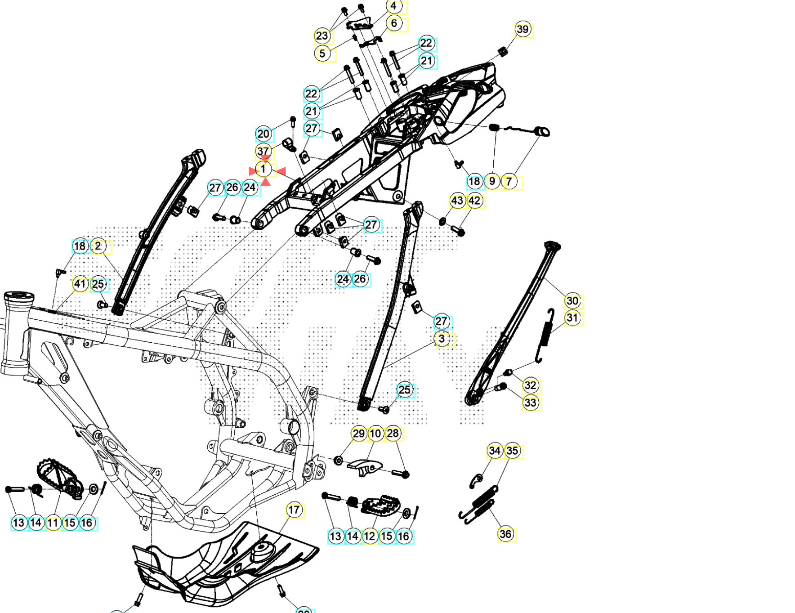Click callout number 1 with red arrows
[x=264, y=170]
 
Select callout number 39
[x=523, y=30]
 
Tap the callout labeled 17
[x=294, y=510]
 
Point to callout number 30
[x=572, y=300]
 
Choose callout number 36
[x=506, y=534]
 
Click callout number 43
[x=457, y=201]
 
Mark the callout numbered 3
[x=442, y=339]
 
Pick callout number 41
[x=80, y=284]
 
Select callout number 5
[x=322, y=54]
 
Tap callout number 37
[x=264, y=151]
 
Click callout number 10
[x=375, y=434]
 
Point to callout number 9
[x=492, y=181]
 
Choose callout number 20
[x=264, y=134]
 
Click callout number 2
[x=98, y=246]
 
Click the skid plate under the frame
[x=225, y=567]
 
